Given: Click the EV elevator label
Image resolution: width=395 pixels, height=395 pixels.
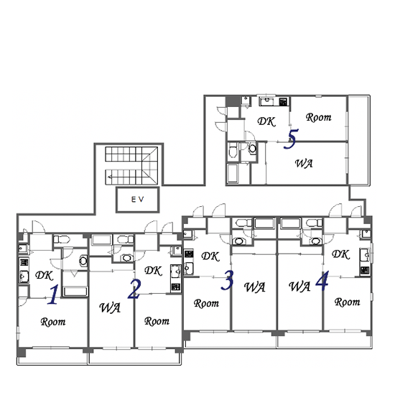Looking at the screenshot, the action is coord(138,200).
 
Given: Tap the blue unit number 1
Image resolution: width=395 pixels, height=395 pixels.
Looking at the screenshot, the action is coord(53,294).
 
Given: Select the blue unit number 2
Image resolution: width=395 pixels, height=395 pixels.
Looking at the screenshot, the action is coord(134,289).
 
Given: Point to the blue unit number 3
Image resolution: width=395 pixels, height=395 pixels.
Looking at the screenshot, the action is coord(227,280).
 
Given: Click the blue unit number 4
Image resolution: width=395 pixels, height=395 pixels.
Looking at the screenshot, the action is coord(322,280).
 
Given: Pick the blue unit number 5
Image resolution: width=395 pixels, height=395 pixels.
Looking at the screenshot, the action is coord(291,139).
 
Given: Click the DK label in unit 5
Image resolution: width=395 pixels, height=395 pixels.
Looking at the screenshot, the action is coord(266,121).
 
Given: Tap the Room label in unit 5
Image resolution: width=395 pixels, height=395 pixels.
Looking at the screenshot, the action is coord(319,117).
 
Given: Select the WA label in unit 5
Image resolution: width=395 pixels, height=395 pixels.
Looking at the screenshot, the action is coord(304,164).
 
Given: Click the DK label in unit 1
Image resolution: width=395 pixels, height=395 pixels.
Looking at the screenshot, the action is coord(45,275).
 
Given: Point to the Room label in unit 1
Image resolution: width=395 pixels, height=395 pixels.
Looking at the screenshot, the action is coord(53,322).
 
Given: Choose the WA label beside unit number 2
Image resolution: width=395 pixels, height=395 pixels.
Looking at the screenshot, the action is coord(110,307).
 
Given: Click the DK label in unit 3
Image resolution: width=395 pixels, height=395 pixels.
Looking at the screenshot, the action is coord(210,256).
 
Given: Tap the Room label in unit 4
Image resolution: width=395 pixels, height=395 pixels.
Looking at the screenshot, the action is coord(348,302).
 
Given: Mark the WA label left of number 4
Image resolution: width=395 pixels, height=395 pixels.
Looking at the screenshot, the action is coord(299,287).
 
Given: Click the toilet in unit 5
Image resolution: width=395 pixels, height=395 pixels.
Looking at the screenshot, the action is coord(233,150).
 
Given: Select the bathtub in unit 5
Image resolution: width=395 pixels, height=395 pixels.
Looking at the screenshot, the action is coord(233,173).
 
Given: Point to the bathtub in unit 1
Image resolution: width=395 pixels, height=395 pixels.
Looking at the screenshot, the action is coord(75,292).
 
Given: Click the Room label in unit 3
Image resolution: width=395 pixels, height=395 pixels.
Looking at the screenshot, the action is coord(206,303).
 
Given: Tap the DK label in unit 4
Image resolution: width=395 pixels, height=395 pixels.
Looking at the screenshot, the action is coord(341,254).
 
